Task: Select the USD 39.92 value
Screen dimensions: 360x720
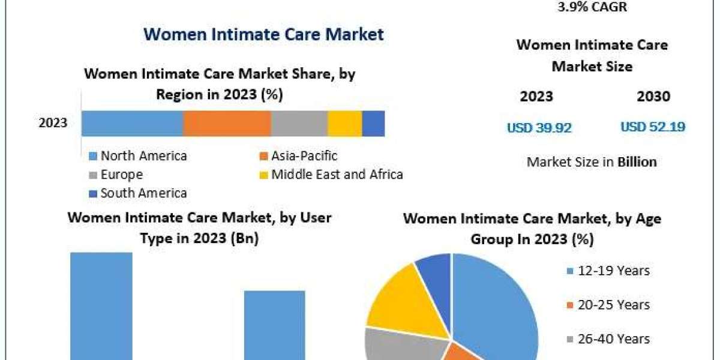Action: coord(539,127)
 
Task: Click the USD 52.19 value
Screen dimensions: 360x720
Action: coord(653,127)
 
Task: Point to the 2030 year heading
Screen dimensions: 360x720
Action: coord(653,96)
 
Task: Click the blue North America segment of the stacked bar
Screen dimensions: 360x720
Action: coord(132,124)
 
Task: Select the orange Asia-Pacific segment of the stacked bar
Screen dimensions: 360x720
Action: coord(227,124)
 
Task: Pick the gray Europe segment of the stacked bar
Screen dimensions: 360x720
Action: coord(299,124)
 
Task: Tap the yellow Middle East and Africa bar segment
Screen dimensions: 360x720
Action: coord(344,124)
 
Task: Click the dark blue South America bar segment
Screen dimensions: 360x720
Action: coord(373,124)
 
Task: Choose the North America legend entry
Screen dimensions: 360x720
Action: coord(138,156)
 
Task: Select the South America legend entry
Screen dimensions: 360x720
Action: coord(138,193)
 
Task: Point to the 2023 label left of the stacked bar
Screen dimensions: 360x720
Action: coord(53,124)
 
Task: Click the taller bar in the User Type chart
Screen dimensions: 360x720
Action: coord(101,306)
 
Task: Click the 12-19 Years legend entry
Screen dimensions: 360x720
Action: coord(608,271)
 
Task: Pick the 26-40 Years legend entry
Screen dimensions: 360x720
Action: coord(608,339)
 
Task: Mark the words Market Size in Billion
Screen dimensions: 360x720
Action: coord(591,161)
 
